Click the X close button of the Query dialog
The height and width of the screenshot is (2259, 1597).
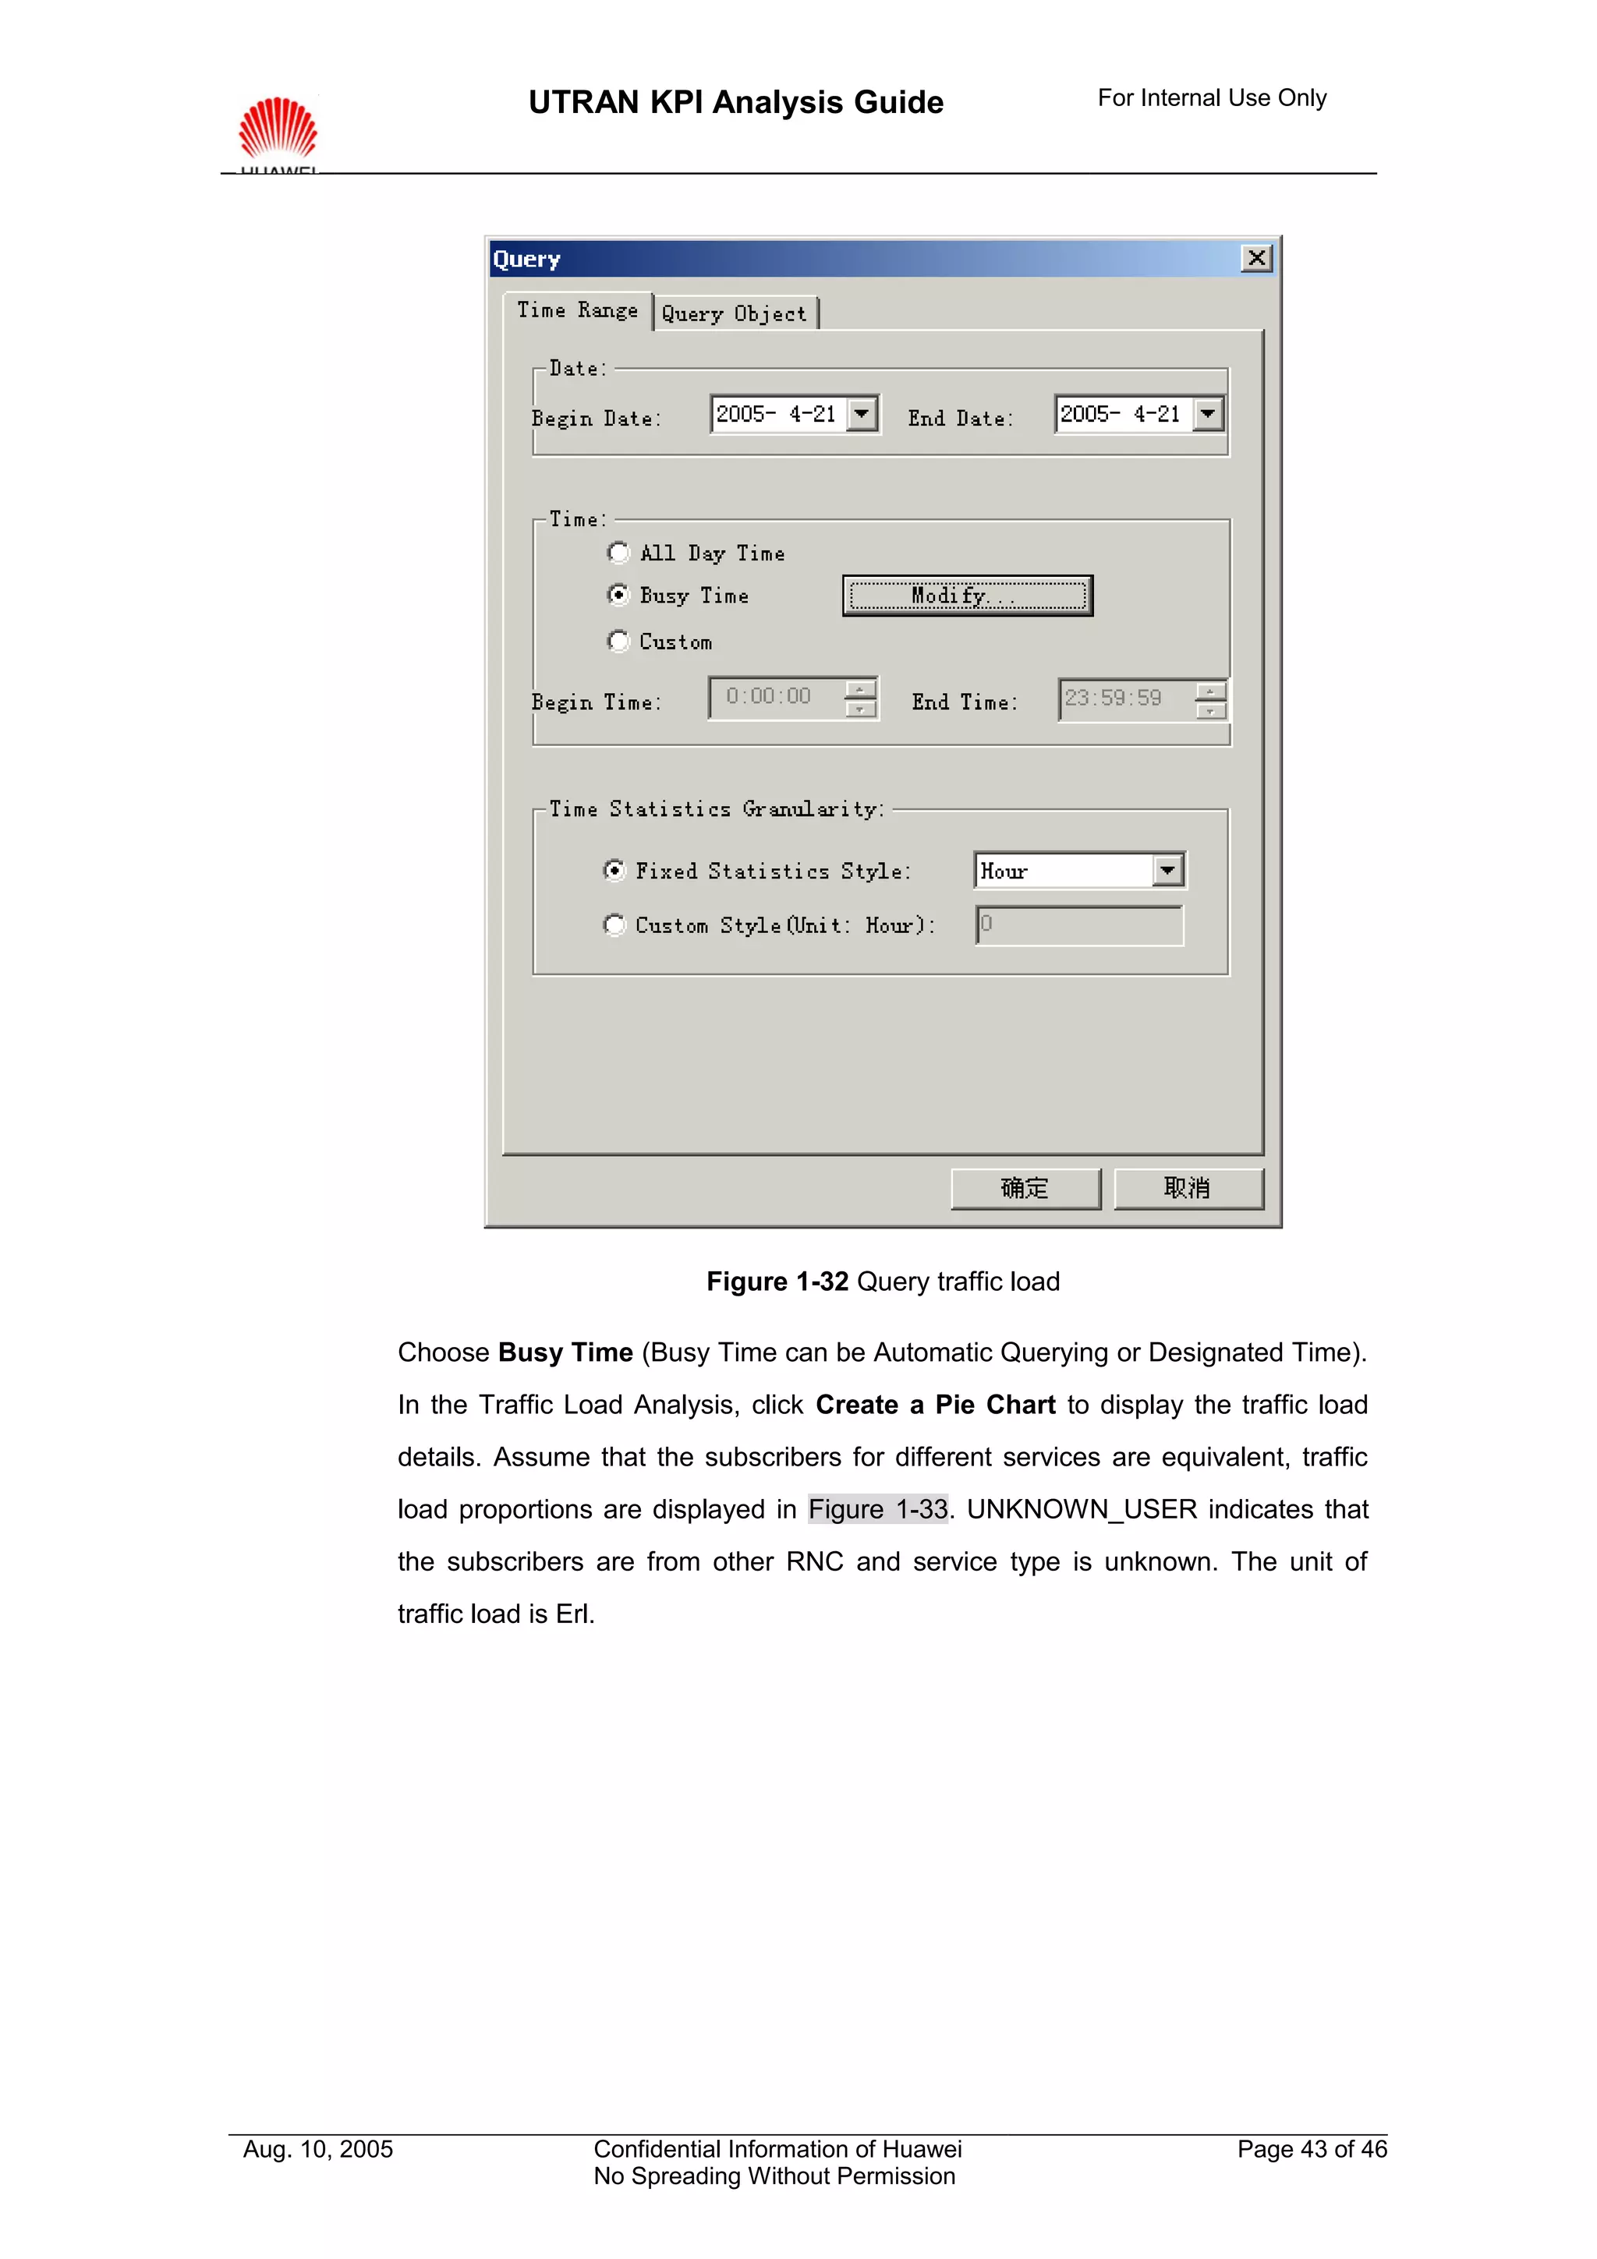(x=1256, y=259)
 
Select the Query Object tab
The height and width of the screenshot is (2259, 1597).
(x=734, y=314)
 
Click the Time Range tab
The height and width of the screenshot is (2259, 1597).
(x=578, y=311)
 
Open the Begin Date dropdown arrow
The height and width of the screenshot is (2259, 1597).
(x=862, y=414)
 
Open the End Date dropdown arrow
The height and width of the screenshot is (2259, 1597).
(x=1207, y=414)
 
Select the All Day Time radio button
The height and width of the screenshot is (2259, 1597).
(x=618, y=553)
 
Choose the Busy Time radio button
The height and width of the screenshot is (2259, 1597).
(x=618, y=596)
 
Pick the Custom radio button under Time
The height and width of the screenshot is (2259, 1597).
(x=618, y=642)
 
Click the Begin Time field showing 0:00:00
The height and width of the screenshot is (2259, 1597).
(x=775, y=698)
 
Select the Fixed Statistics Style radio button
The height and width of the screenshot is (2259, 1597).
(x=614, y=871)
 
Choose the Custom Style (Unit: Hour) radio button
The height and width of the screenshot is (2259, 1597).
(x=614, y=924)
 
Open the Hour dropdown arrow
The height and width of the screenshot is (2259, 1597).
(x=1167, y=871)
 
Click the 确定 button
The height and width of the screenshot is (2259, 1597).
(x=1025, y=1189)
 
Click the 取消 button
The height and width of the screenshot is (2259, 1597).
(x=1188, y=1189)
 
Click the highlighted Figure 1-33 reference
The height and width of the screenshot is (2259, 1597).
(x=878, y=1509)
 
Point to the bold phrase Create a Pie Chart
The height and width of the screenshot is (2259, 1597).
(x=935, y=1405)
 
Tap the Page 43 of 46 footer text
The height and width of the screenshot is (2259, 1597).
(x=1311, y=2149)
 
